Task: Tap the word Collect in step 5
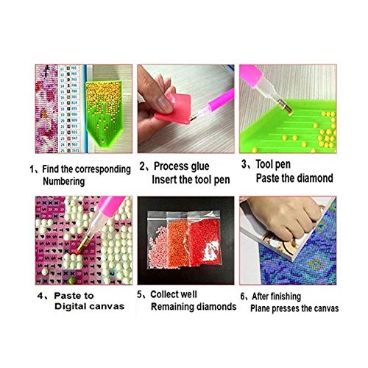click(x=171, y=295)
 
